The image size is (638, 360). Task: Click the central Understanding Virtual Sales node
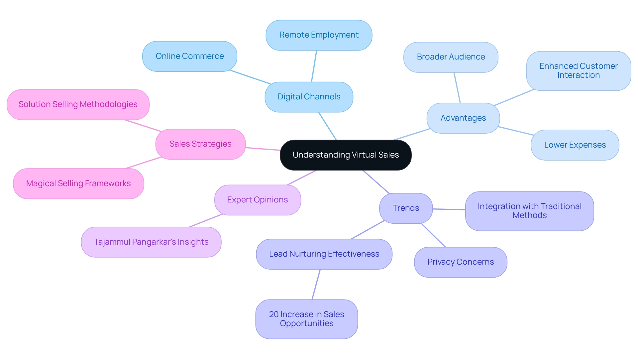[x=346, y=155]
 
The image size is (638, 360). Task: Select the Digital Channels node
[x=309, y=97]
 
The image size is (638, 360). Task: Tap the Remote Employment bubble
[x=319, y=35]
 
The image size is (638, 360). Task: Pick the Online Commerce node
[x=189, y=56]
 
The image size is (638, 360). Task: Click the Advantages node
[x=463, y=118]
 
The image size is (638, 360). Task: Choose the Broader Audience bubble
[x=451, y=57]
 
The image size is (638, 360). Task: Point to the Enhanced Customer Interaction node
[x=578, y=70]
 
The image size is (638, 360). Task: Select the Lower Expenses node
[x=575, y=145]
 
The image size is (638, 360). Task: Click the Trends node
[x=406, y=208]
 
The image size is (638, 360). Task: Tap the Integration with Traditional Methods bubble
[x=529, y=211]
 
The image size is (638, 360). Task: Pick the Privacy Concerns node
[x=460, y=262]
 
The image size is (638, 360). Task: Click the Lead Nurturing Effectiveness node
[x=324, y=254]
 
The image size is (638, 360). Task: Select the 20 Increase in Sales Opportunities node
[x=306, y=319]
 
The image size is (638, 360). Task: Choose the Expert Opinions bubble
[x=258, y=200]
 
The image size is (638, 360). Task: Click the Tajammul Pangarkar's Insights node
[x=151, y=242]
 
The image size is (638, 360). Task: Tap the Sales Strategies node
[x=200, y=144]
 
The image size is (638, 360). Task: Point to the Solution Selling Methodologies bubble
[x=78, y=104]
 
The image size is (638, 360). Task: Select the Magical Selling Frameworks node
[x=78, y=183]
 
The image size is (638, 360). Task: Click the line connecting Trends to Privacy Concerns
[x=433, y=235]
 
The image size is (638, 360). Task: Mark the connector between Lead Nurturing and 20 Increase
[x=316, y=285]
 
